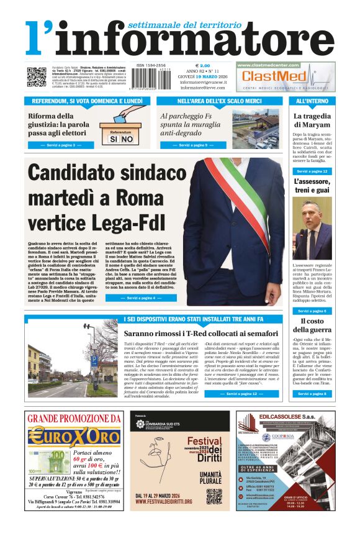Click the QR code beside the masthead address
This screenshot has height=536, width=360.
tap(36, 77)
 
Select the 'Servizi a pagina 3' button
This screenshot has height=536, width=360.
tap(62, 145)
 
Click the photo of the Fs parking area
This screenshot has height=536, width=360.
tap(256, 129)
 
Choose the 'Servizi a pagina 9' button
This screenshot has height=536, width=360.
tap(194, 145)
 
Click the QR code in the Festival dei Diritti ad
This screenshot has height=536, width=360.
tap(214, 496)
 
